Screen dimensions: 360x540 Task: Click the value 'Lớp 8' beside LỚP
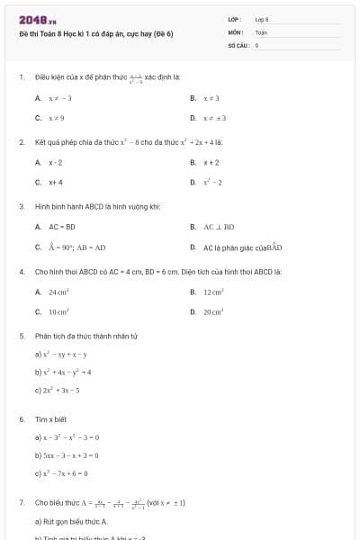pyautogui.click(x=262, y=19)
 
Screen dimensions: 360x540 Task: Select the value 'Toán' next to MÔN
pyautogui.click(x=261, y=31)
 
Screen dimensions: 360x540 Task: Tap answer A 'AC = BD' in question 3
pyautogui.click(x=58, y=227)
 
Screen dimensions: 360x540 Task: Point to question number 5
pyautogui.click(x=22, y=336)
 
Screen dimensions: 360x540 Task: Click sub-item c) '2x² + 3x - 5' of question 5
pyautogui.click(x=58, y=391)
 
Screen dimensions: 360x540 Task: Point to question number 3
pyautogui.click(x=22, y=206)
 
